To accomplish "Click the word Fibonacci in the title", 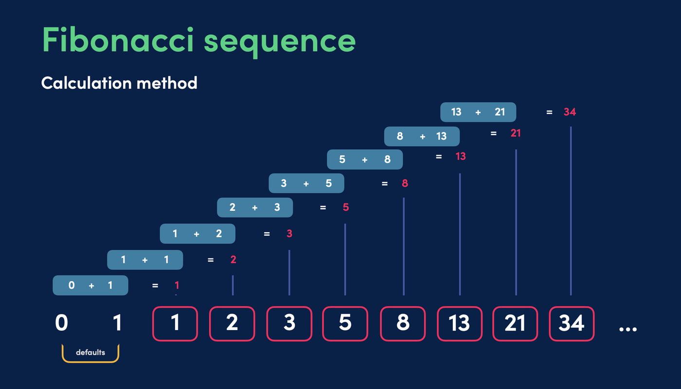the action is [x=118, y=39].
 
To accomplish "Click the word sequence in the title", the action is [x=280, y=43].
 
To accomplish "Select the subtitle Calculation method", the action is [x=119, y=83].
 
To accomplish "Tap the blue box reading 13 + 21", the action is [x=478, y=112].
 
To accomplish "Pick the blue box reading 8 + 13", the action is [x=422, y=136].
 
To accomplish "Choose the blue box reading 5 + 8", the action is [x=365, y=159].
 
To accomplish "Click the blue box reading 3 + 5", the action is [x=306, y=183].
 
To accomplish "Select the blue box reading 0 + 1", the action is [x=90, y=285].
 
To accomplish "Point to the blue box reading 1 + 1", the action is [x=145, y=259].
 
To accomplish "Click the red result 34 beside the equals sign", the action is [x=570, y=112].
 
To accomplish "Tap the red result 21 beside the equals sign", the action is [x=516, y=133].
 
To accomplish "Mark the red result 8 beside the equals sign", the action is [x=405, y=183].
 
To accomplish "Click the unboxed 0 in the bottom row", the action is [x=61, y=323].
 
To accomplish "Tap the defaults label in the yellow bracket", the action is [x=90, y=352].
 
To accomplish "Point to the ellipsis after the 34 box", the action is [x=628, y=329].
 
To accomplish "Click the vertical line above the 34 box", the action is [x=571, y=211].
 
